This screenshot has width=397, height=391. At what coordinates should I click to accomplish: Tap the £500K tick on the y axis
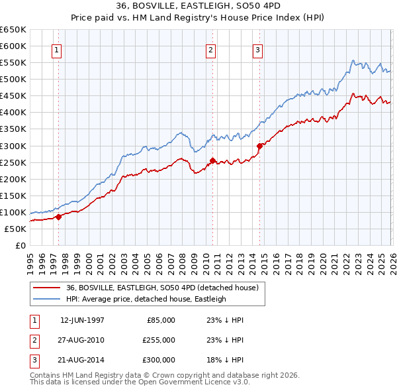pos(13,79)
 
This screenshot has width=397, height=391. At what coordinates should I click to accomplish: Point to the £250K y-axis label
pos(13,162)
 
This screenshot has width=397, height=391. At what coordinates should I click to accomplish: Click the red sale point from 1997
pos(58,216)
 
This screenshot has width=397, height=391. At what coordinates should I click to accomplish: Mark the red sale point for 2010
pos(212,160)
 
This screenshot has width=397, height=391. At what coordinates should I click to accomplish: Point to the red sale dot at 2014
pos(259,145)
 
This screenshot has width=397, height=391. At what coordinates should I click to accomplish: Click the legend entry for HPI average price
pos(146,299)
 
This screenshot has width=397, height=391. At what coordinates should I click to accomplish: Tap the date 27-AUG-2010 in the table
pos(82,340)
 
